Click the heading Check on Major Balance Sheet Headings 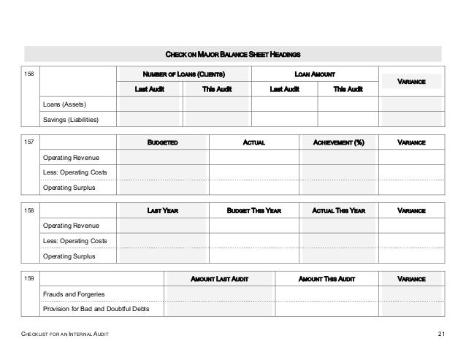pyautogui.click(x=233, y=55)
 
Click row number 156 pyautogui.click(x=31, y=74)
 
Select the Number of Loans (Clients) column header pyautogui.click(x=184, y=74)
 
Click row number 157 pyautogui.click(x=31, y=142)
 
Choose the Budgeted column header pyautogui.click(x=164, y=142)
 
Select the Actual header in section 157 pyautogui.click(x=253, y=142)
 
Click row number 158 pyautogui.click(x=31, y=210)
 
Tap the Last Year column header pyautogui.click(x=164, y=210)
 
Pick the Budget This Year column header pyautogui.click(x=254, y=210)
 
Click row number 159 pyautogui.click(x=31, y=278)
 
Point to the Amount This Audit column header pyautogui.click(x=327, y=278)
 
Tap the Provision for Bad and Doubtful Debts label pyautogui.click(x=97, y=309)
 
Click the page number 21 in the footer pyautogui.click(x=441, y=334)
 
